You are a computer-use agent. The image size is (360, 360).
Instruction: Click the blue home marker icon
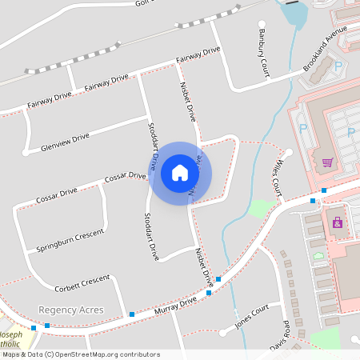tap(180, 173)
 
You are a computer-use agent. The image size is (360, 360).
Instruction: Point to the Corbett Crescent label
tap(82, 282)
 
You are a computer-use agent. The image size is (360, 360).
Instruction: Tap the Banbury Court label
tap(262, 54)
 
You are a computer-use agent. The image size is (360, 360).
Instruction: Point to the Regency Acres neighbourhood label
tap(70, 309)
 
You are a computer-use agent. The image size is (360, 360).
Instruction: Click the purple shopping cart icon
tap(327, 162)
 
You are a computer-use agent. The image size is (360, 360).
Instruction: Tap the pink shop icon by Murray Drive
tap(337, 222)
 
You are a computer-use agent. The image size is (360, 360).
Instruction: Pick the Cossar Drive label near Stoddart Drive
tap(125, 175)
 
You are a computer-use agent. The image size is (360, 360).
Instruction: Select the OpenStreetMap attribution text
tap(81, 354)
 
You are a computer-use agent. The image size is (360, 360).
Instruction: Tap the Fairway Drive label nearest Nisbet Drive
tap(199, 56)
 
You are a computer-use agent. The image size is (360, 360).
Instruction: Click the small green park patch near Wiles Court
tap(258, 209)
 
